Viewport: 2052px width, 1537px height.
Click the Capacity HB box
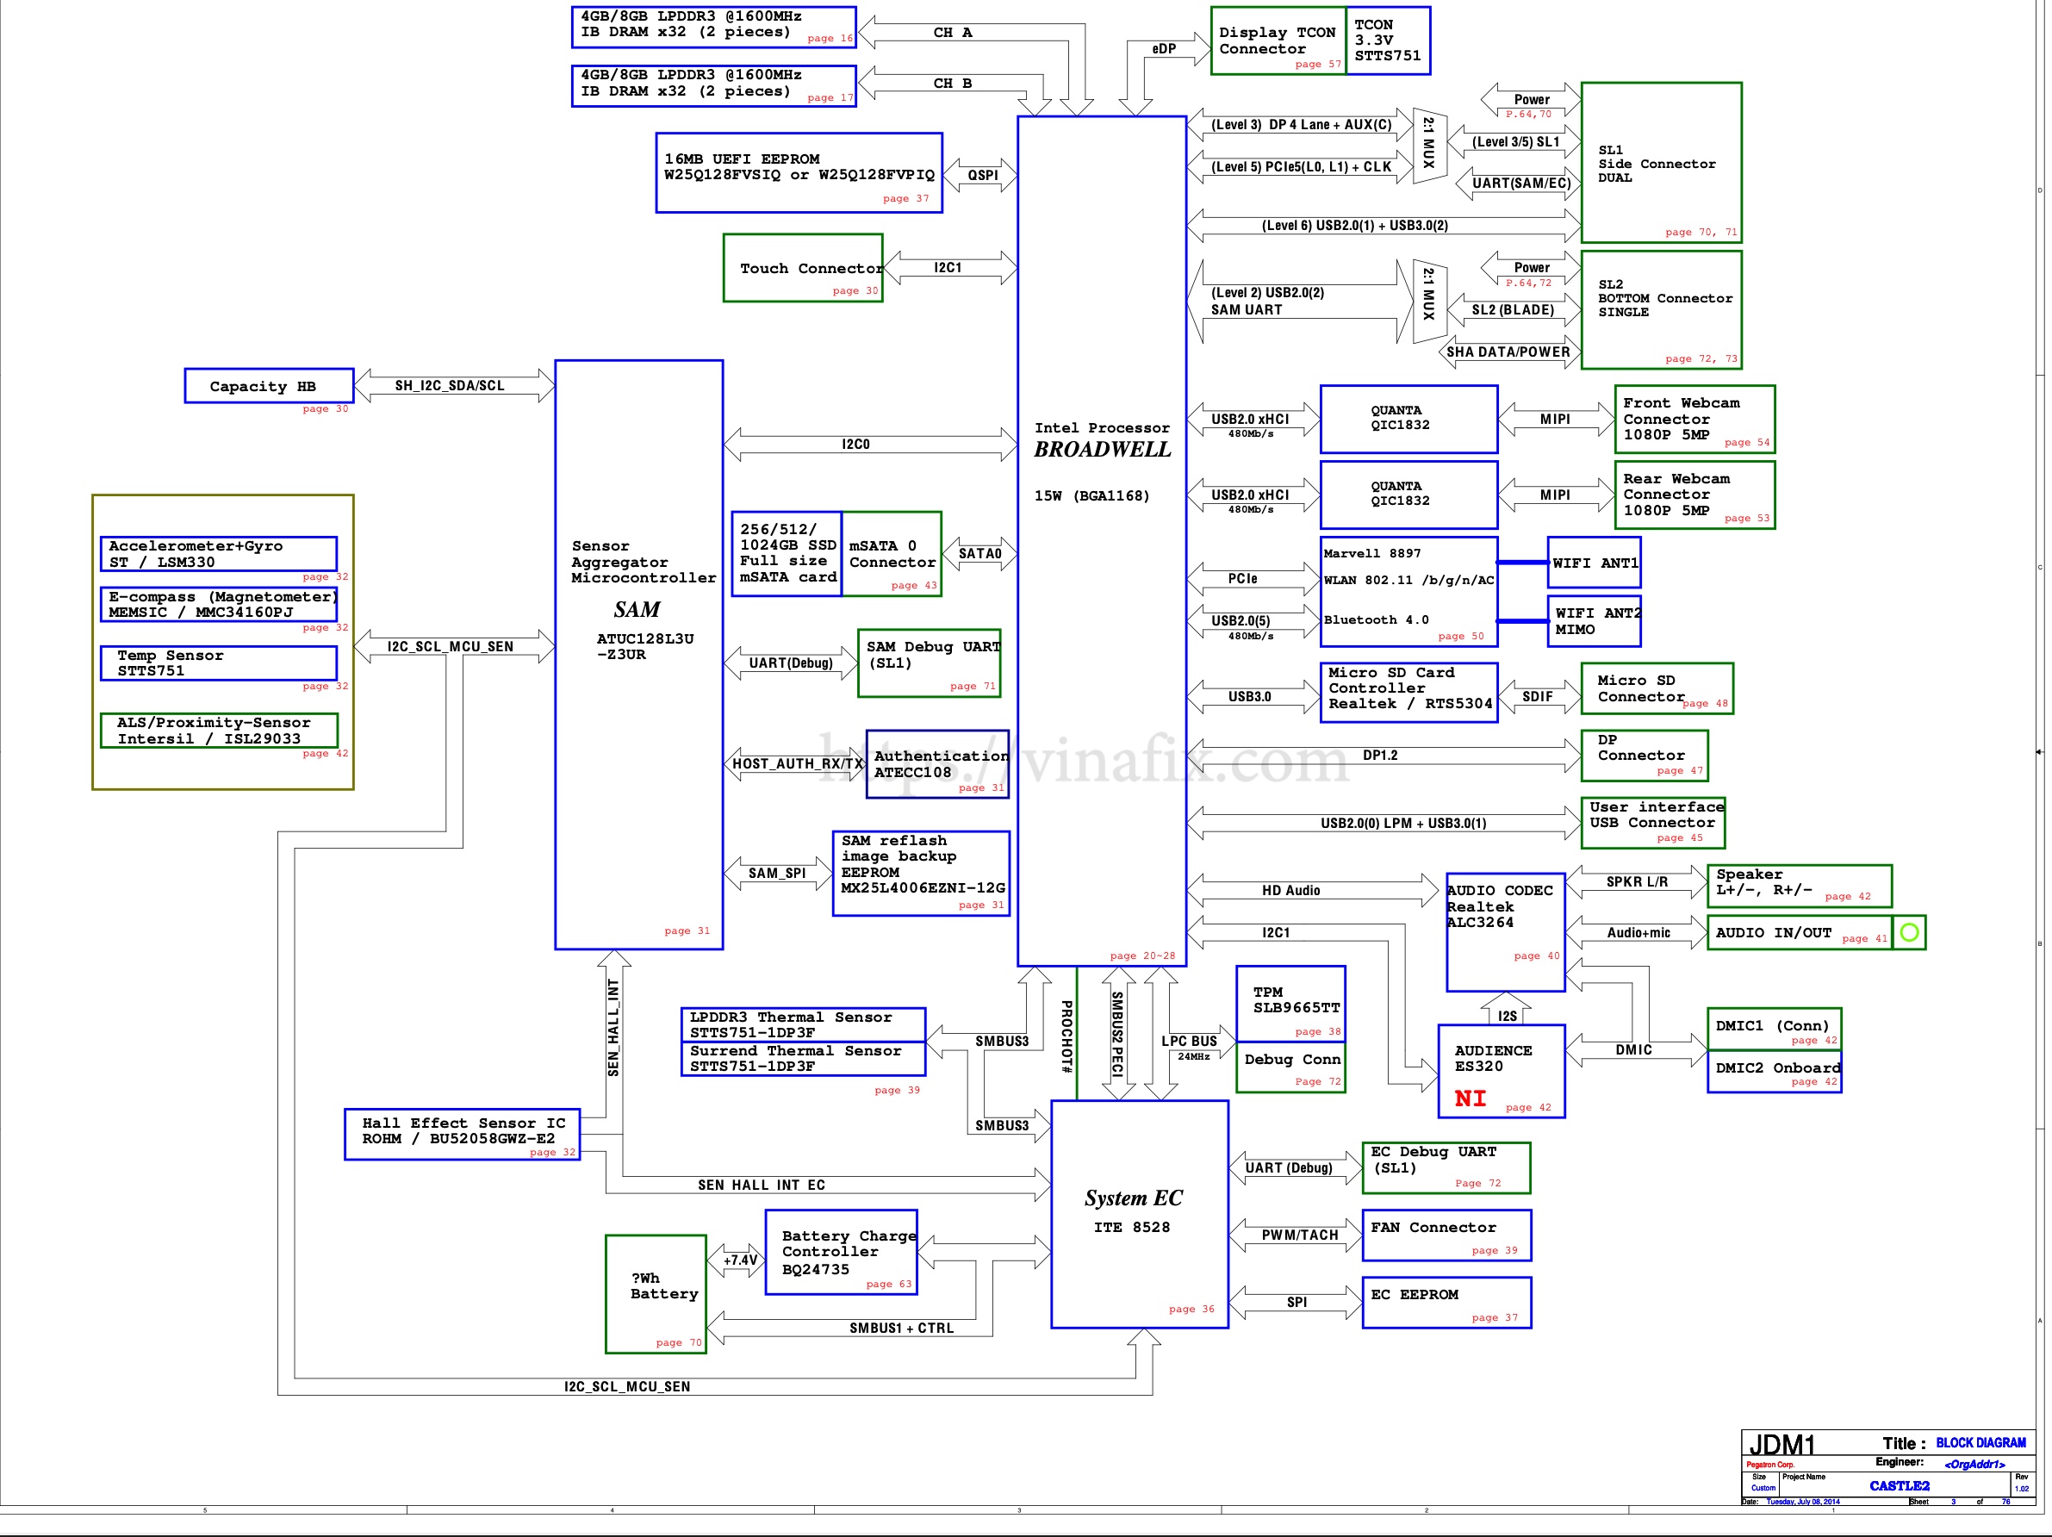click(x=268, y=386)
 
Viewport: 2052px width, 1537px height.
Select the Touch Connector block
click(x=801, y=268)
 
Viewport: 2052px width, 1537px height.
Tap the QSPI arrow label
click(x=982, y=174)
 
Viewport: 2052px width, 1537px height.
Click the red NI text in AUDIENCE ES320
click(x=1470, y=1098)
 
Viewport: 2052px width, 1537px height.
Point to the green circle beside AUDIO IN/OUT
click(x=1908, y=932)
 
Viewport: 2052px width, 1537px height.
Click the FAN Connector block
click(x=1446, y=1235)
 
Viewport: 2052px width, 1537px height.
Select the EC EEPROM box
click(x=1446, y=1303)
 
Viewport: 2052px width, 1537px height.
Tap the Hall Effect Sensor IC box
click(x=461, y=1134)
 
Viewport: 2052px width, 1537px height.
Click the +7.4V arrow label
click(x=739, y=1260)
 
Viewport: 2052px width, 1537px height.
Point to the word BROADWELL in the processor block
click(x=1102, y=450)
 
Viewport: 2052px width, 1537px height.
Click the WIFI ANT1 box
click(x=1594, y=563)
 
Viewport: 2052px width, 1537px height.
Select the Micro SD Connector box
click(x=1656, y=688)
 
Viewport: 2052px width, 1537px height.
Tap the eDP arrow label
click(x=1163, y=49)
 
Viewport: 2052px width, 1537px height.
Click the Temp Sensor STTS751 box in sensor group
click(x=218, y=663)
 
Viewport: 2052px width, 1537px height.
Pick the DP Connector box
click(x=1644, y=755)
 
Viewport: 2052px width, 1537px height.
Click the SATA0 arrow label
click(x=979, y=554)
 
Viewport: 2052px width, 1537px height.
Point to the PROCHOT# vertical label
click(x=1066, y=1036)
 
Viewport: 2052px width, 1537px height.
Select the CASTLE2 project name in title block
click(x=1898, y=1485)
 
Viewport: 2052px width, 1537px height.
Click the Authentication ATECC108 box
click(x=937, y=763)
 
